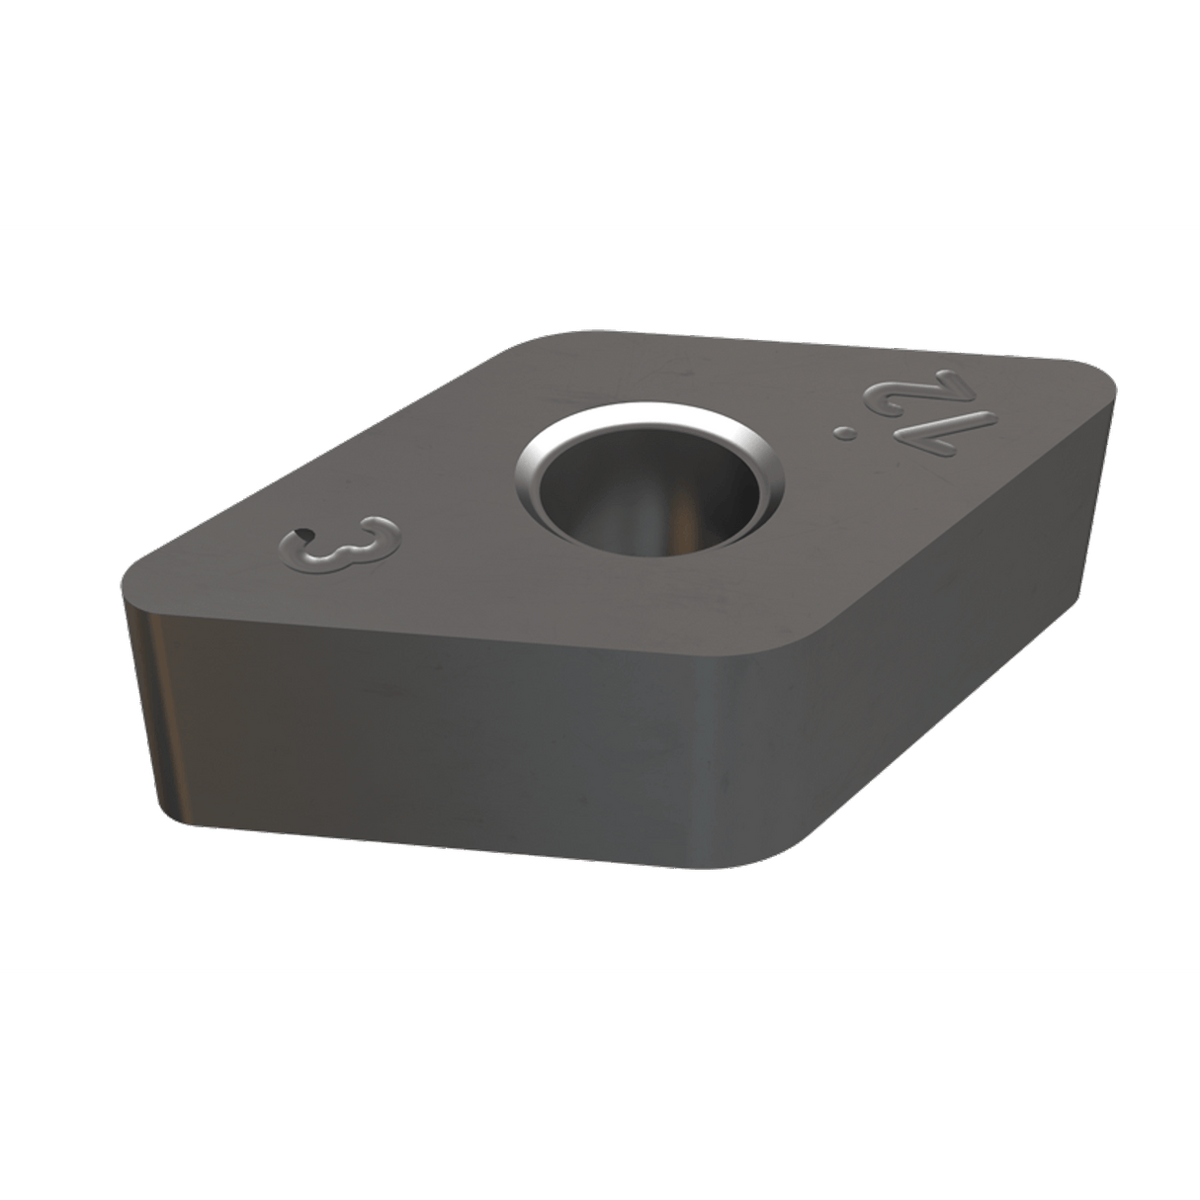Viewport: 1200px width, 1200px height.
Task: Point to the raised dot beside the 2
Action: point(846,431)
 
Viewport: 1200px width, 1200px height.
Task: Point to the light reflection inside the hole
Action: point(674,514)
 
